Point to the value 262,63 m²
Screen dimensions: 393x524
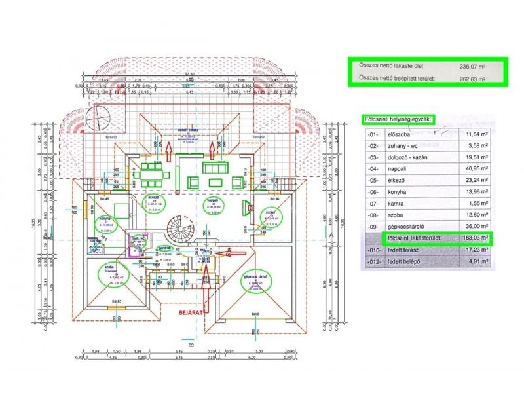coord(472,79)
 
